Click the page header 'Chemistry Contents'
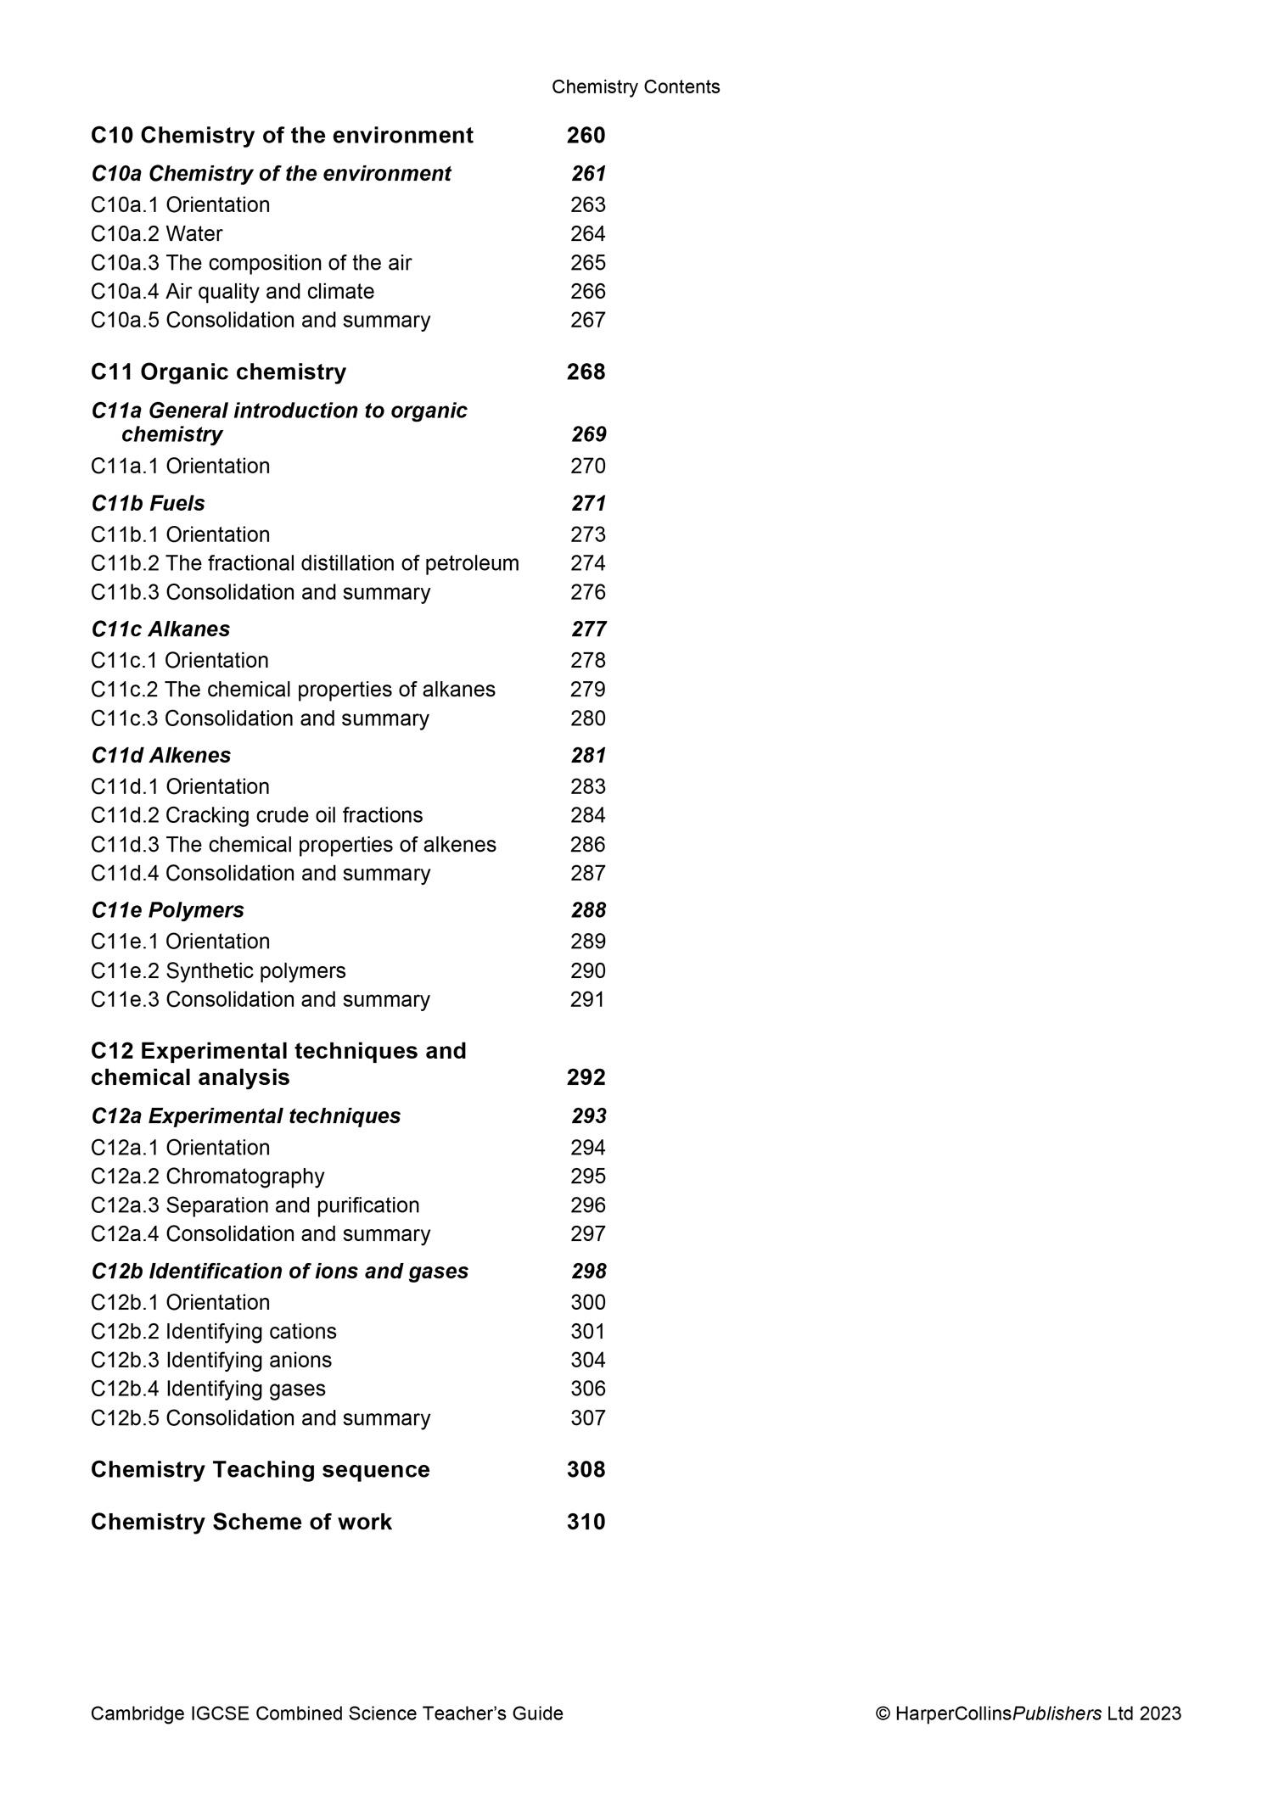click(x=636, y=87)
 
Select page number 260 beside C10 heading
click(x=586, y=136)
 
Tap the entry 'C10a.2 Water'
click(x=157, y=234)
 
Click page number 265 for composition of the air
click(x=587, y=263)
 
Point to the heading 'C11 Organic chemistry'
click(x=219, y=372)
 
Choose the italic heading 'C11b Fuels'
click(x=149, y=504)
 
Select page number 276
click(x=587, y=592)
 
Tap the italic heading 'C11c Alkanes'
click(x=160, y=629)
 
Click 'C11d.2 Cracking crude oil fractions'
click(x=257, y=816)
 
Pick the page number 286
click(x=587, y=845)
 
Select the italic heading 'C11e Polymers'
click(x=168, y=910)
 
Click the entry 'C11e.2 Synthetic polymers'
click(x=219, y=971)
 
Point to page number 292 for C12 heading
click(x=586, y=1078)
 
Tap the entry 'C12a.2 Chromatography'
click(x=208, y=1177)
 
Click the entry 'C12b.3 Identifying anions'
click(x=211, y=1361)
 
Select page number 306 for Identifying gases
click(x=587, y=1389)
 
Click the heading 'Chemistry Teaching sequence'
click(x=261, y=1470)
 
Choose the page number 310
click(x=586, y=1523)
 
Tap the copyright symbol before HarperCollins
click(x=883, y=1714)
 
